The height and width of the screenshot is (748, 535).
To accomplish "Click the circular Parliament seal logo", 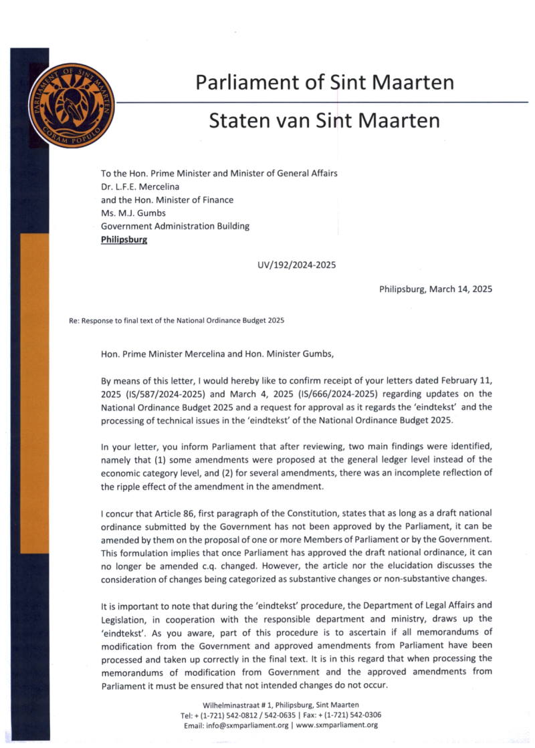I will tap(72, 106).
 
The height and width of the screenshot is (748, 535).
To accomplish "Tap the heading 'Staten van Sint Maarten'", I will tap(324, 120).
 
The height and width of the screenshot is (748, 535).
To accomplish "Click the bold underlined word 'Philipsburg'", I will tap(124, 239).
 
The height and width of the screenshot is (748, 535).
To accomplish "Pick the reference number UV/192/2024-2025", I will tap(296, 265).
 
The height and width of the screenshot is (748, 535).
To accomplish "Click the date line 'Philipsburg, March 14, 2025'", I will tap(435, 289).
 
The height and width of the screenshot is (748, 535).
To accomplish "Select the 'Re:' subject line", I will tap(177, 320).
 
